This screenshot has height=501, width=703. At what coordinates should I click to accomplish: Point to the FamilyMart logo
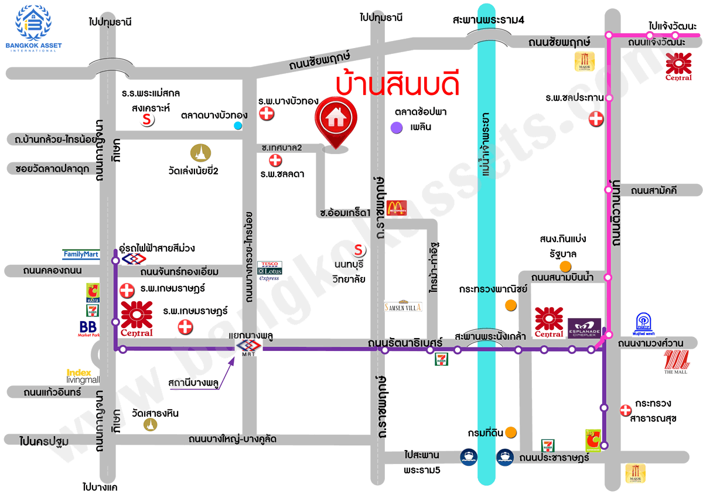click(x=81, y=254)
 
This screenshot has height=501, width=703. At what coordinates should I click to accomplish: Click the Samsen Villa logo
click(x=403, y=306)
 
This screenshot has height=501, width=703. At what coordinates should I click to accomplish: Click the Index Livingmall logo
click(x=83, y=376)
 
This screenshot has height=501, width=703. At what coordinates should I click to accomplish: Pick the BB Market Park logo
click(x=88, y=329)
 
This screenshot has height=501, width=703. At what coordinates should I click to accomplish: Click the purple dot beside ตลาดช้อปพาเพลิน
click(x=397, y=127)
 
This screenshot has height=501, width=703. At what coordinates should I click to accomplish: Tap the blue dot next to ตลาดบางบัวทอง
click(x=237, y=125)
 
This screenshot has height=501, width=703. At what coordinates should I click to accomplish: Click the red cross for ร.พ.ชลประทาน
click(x=596, y=119)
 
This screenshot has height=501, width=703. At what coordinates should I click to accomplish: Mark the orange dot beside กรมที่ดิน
click(x=511, y=432)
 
